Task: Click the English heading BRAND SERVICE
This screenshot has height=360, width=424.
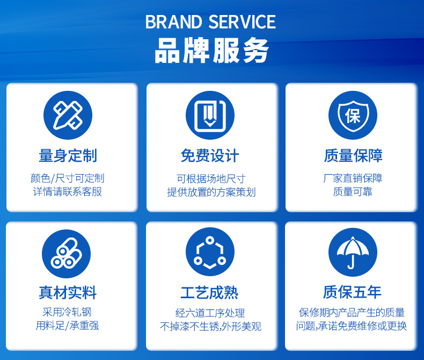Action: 210,21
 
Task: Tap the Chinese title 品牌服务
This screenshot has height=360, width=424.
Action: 211,51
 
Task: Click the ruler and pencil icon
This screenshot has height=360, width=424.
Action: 68,116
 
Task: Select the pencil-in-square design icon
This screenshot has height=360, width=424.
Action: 210,116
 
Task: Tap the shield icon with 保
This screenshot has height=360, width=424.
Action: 353,116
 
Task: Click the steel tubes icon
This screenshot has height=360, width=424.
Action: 66,254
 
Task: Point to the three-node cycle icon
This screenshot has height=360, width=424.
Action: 210,252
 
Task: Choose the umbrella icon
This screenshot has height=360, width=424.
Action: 353,252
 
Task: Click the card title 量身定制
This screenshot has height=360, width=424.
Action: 68,156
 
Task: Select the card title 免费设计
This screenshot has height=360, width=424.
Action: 210,156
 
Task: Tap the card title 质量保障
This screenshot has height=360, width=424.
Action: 353,156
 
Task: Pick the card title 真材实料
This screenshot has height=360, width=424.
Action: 68,293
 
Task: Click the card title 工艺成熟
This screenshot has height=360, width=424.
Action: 209,293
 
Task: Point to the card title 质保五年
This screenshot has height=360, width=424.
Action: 352,292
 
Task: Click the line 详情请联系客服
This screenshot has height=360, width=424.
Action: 67,192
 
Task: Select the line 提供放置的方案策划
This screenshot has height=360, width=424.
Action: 211,192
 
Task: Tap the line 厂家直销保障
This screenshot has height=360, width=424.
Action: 353,178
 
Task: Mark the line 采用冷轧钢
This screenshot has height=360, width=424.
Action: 67,312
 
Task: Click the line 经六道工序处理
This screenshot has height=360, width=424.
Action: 210,313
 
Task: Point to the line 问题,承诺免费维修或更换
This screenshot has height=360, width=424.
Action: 351,326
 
